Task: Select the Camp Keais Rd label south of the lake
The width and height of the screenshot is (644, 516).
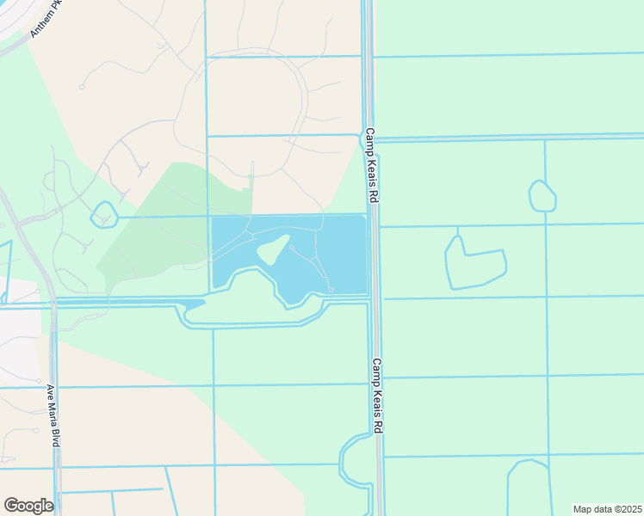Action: (x=377, y=396)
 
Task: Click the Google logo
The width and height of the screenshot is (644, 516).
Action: (x=28, y=506)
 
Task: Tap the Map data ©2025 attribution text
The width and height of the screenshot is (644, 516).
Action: (x=607, y=508)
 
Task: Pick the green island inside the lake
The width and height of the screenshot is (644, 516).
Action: (x=272, y=250)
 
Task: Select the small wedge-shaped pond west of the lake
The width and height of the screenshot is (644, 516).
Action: (x=194, y=304)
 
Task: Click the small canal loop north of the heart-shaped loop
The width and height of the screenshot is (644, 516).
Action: (x=542, y=197)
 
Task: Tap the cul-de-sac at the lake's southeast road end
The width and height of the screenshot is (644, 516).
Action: (x=331, y=290)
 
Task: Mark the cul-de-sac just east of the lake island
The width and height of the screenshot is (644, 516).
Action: (x=292, y=247)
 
